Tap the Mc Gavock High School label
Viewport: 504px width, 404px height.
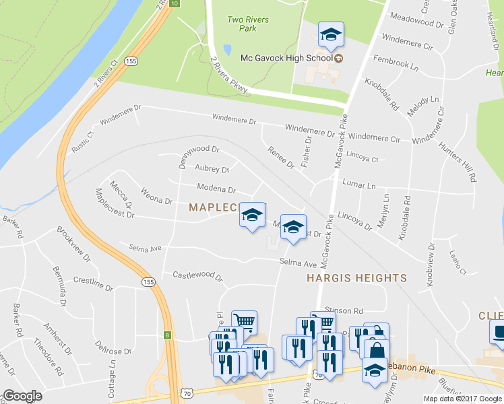coord(286,58)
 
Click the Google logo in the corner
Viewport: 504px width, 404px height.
coord(22,396)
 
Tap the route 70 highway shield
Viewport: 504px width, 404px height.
coord(187,393)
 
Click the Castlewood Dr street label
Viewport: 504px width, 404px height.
coord(197,275)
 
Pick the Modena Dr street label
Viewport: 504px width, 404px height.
coord(216,190)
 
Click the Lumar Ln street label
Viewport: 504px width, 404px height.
coord(358,184)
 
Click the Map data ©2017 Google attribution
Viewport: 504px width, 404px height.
coord(464,399)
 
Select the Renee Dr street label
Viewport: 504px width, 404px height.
coord(281,158)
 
